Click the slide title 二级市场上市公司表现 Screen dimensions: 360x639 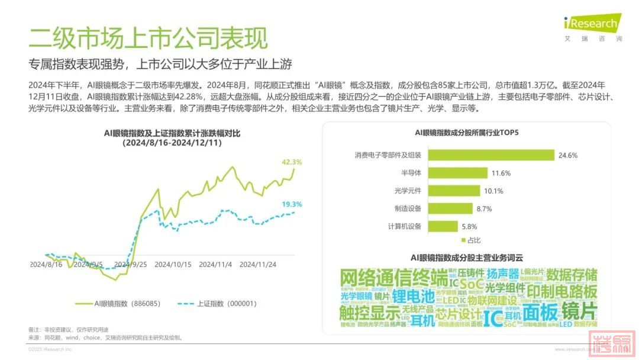pos(148,37)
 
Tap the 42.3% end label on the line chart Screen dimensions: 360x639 pos(292,162)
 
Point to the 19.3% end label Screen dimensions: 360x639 pos(292,204)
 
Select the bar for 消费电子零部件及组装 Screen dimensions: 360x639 pos(490,155)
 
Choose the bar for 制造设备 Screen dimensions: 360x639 pos(450,208)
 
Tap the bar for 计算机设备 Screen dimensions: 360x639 pos(442,226)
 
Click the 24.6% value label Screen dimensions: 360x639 pos(567,156)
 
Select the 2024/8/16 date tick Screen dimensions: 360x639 pos(47,265)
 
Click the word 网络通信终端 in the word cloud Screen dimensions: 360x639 pos(394,277)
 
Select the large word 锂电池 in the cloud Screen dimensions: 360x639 pos(412,295)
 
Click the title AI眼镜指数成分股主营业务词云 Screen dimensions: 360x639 pos(467,258)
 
